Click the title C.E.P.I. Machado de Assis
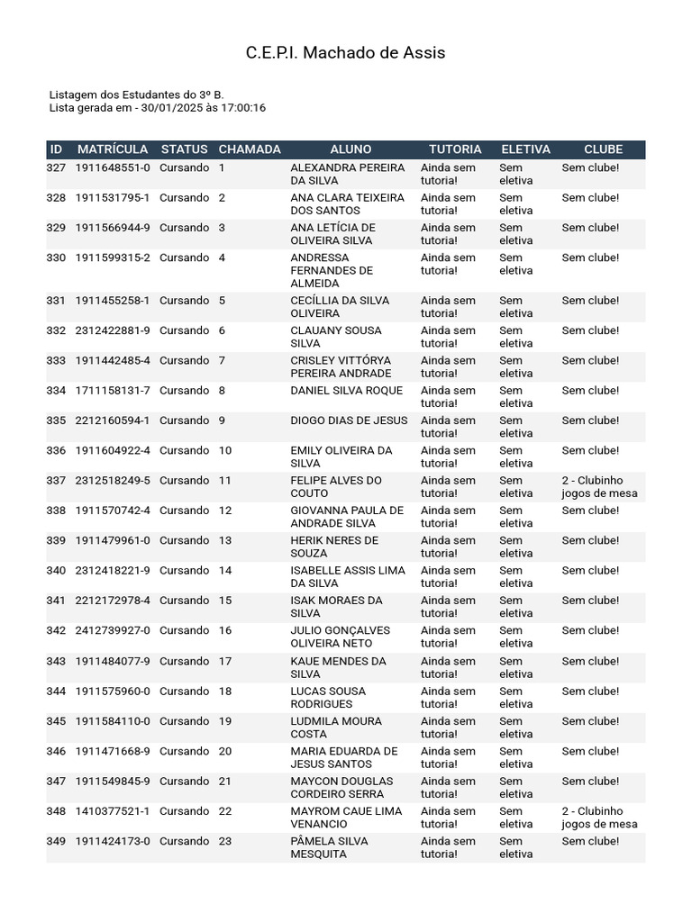pos(345,53)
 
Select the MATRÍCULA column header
pos(113,149)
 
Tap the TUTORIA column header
pos(455,149)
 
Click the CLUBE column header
pos(603,149)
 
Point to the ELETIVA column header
pos(525,149)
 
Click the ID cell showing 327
pos(56,167)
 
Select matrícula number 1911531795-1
pos(113,197)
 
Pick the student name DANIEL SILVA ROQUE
pos(346,391)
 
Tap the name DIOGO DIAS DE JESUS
pos(349,420)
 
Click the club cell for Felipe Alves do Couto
pos(599,487)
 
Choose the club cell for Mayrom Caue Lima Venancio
pos(599,818)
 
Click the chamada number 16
pos(225,631)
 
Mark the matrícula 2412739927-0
pos(113,631)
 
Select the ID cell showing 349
pos(56,842)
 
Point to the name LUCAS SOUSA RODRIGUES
pos(328,698)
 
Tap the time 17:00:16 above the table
pos(243,108)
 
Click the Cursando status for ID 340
pos(184,571)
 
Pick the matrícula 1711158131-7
pos(113,391)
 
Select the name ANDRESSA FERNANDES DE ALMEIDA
pos(332,270)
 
